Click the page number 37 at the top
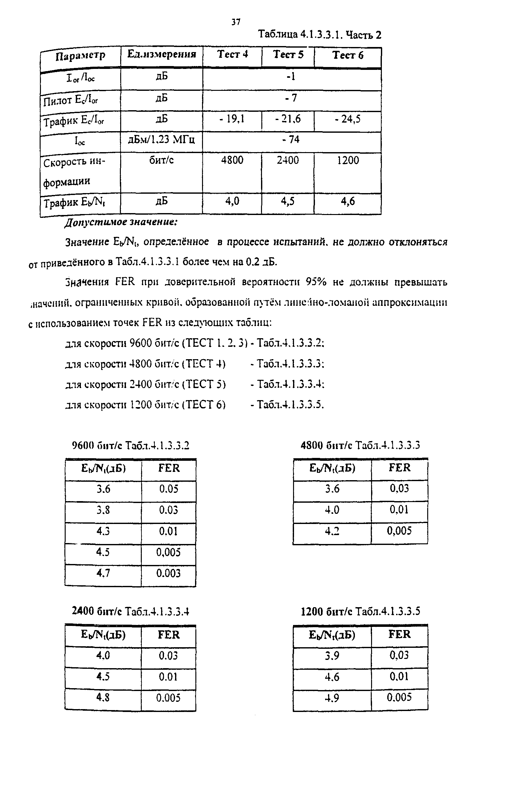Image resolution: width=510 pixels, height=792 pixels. click(x=235, y=22)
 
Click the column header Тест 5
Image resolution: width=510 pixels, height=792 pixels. click(x=288, y=55)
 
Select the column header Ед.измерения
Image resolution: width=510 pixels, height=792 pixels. click(x=162, y=54)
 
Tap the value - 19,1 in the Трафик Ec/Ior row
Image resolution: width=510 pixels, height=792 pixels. click(x=232, y=119)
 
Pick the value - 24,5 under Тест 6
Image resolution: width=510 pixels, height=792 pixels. click(x=347, y=119)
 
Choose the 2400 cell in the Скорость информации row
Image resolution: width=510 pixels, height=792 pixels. click(x=287, y=160)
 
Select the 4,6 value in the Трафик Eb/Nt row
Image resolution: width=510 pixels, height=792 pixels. click(x=348, y=201)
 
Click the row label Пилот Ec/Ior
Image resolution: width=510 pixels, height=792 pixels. click(x=70, y=100)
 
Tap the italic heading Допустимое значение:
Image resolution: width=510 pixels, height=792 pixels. click(x=121, y=222)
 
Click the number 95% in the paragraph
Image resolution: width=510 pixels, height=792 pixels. click(x=316, y=282)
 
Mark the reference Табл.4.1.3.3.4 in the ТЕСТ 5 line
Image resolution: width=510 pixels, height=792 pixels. click(x=291, y=385)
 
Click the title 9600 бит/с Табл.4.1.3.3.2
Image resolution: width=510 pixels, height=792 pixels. click(x=130, y=445)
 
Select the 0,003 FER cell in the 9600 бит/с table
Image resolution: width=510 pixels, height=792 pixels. click(x=168, y=573)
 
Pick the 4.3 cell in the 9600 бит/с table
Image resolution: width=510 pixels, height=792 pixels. click(x=103, y=531)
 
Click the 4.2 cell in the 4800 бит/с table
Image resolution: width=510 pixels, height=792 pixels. click(x=332, y=531)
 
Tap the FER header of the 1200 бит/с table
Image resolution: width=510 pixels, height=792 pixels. click(x=399, y=634)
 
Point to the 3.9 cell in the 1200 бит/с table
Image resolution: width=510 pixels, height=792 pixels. click(x=332, y=656)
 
